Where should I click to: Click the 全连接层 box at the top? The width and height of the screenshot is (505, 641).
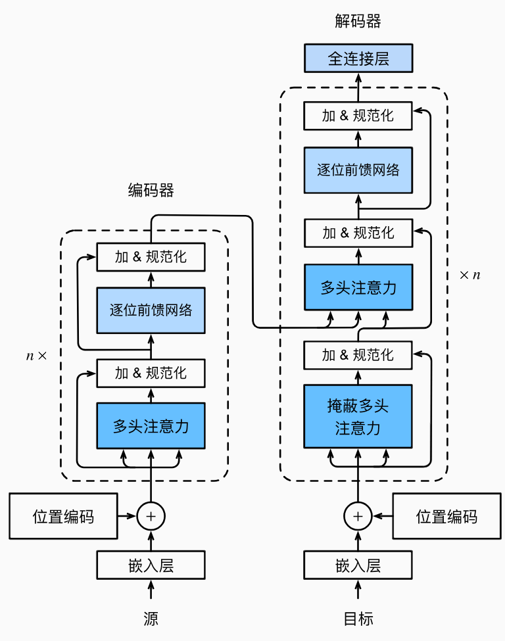(358, 59)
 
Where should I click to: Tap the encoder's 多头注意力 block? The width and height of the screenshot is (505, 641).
(151, 426)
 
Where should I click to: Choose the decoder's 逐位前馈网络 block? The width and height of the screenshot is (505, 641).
(358, 170)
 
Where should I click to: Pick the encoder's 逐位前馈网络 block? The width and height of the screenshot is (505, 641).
(151, 310)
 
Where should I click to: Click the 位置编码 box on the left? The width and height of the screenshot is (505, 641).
(63, 517)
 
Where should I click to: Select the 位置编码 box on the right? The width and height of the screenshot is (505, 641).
(446, 517)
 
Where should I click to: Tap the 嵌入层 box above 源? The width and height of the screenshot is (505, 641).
(151, 565)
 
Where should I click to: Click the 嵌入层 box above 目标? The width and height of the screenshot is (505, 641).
(358, 565)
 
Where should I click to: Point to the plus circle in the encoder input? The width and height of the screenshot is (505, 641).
(151, 517)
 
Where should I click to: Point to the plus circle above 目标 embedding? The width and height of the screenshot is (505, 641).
(358, 517)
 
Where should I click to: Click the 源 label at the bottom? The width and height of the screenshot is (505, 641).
(151, 619)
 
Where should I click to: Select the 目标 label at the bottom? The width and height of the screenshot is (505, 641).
(358, 619)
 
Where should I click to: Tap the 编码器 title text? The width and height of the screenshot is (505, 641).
(151, 191)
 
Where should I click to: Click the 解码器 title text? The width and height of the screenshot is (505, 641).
(358, 22)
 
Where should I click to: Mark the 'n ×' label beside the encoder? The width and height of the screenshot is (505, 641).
(37, 356)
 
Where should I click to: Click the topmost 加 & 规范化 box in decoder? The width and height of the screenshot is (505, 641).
(358, 116)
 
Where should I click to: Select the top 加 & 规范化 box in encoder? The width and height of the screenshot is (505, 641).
(151, 256)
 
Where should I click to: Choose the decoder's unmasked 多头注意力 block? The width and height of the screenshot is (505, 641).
(358, 287)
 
